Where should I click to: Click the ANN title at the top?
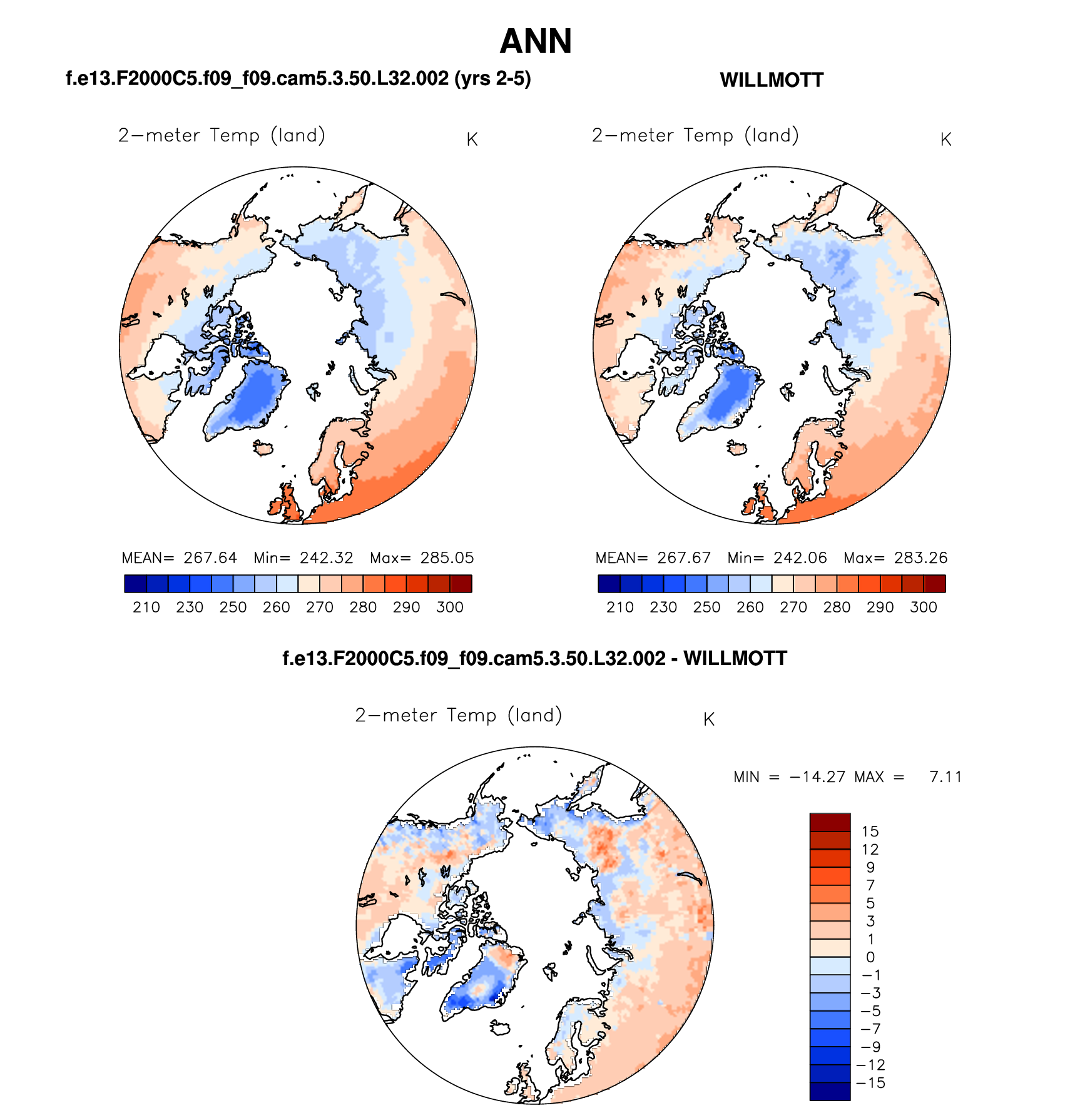pos(536,42)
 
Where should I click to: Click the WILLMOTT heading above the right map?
pos(772,80)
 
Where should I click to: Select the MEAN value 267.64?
pos(210,557)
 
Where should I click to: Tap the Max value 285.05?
pos(447,557)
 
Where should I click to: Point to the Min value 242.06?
pos(800,557)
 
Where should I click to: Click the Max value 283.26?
pos(920,557)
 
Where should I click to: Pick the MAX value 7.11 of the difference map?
pos(945,776)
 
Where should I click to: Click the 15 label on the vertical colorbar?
pos(870,831)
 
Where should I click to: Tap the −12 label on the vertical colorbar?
pos(870,1065)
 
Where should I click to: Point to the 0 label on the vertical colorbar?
pos(870,957)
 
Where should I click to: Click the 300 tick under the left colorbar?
pos(450,607)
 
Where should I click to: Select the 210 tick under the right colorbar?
pos(620,607)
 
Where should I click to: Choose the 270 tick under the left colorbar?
pos(320,607)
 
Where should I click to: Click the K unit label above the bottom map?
pos(708,719)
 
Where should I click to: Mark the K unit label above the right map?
pos(945,140)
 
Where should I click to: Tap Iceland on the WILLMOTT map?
pos(737,448)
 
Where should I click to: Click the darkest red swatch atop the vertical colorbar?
pos(830,822)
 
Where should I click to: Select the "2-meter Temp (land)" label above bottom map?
pos(459,715)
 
